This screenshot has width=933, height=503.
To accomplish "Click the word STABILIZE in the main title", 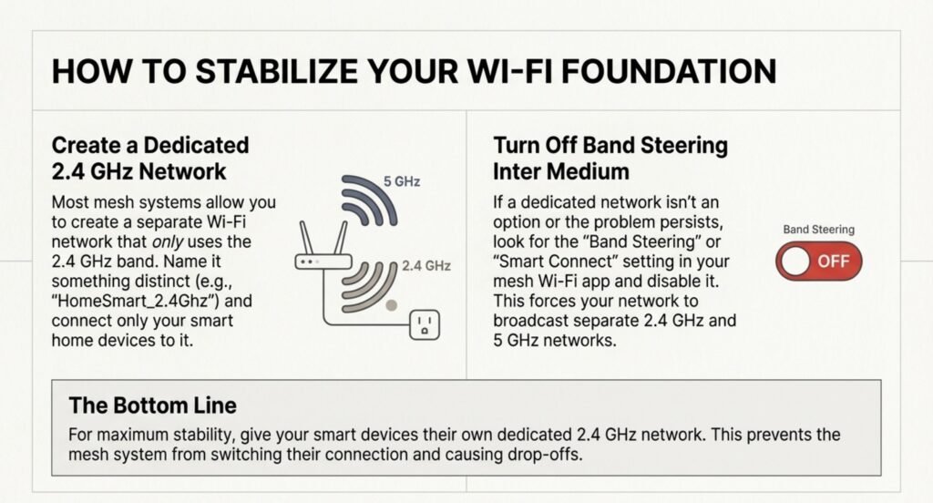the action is coord(276,71).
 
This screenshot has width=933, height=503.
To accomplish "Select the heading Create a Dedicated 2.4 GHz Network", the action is coord(150,159).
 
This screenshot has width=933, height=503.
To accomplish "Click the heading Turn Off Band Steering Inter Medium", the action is coord(610,159).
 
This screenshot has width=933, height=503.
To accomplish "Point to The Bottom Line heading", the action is coord(153,405).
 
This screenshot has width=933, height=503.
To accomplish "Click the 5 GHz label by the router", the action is coord(402,181).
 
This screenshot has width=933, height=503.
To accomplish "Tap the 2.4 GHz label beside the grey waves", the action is coord(426,265).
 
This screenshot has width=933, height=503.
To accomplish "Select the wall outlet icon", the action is coord(425,325).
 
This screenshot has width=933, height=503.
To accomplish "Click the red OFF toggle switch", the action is coord(819,262).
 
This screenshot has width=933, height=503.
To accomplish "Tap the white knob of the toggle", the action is coord(795,262).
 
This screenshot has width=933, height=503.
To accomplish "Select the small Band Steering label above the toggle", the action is coord(819,230).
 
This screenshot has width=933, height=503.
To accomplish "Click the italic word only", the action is coord(168,242).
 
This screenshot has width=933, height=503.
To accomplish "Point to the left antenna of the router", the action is coord(306,238).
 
